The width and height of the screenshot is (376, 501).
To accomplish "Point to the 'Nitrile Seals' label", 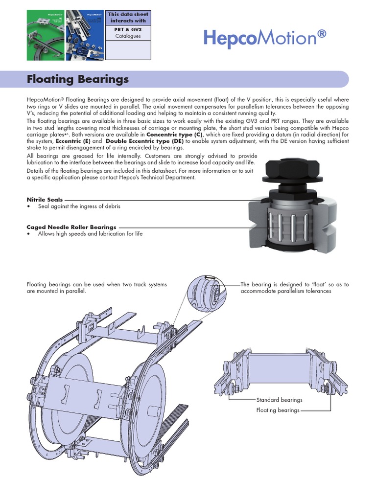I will (x=44, y=200).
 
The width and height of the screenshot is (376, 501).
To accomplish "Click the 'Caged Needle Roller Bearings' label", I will (x=71, y=227).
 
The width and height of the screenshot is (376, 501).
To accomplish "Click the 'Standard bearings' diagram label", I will (x=279, y=400).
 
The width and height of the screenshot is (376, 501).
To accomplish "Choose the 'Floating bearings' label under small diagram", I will (x=278, y=410).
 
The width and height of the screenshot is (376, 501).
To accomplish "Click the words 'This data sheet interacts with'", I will (x=128, y=18).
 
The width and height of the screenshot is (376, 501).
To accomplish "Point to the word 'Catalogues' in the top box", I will (x=128, y=36).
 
